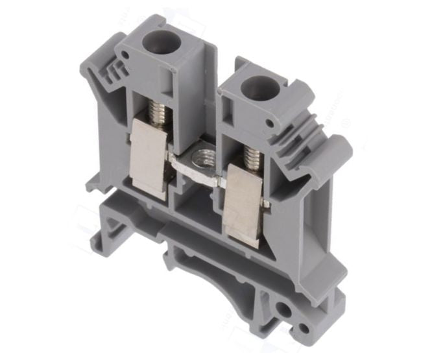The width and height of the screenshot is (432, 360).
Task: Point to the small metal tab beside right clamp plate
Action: [x=266, y=206]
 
